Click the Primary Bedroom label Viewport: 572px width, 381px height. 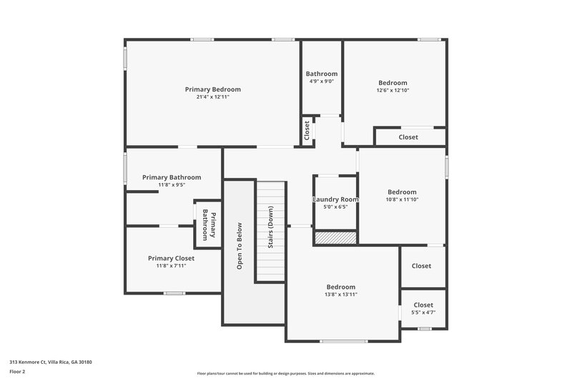[212, 89]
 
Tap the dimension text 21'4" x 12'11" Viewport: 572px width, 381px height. [212, 97]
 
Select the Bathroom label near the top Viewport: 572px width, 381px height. [321, 74]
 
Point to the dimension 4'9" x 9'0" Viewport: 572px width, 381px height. [321, 81]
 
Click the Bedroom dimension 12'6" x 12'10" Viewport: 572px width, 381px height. [393, 91]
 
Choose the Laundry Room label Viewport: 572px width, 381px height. [335, 199]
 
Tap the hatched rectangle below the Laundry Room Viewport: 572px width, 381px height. [335, 237]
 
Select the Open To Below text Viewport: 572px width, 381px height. [239, 246]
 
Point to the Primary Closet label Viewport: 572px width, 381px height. [171, 258]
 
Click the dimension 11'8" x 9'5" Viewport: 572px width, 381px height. [171, 185]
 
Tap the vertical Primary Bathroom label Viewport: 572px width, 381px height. [208, 224]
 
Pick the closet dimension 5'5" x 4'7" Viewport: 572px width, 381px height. [423, 312]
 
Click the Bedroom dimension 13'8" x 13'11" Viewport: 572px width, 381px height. [340, 295]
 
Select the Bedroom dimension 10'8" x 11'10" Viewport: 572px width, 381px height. [402, 199]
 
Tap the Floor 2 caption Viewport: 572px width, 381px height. [18, 372]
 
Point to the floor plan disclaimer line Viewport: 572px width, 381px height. [285, 373]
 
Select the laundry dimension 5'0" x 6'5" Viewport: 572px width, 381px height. [335, 207]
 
